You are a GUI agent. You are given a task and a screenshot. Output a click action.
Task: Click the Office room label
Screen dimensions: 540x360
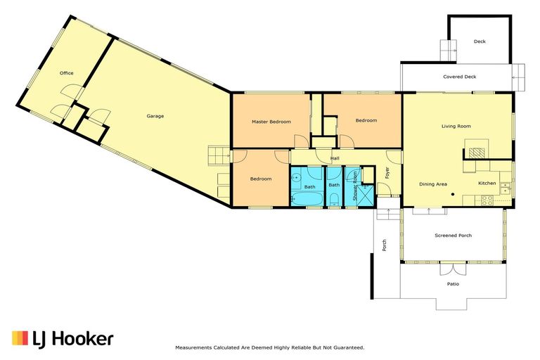(x=67, y=73)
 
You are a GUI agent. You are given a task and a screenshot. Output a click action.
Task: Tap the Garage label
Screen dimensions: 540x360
(x=155, y=116)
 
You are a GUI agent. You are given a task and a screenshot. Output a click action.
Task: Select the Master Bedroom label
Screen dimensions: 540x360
(x=271, y=122)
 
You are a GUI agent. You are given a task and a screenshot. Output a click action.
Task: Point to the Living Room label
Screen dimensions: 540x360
(x=456, y=126)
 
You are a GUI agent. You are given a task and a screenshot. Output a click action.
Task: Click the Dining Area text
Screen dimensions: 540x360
(x=433, y=184)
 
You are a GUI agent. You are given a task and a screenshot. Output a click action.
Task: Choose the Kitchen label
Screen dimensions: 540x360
(x=487, y=183)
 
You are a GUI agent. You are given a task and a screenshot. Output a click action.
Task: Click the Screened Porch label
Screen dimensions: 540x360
(x=454, y=236)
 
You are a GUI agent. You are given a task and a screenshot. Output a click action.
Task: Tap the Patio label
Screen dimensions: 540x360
(x=454, y=284)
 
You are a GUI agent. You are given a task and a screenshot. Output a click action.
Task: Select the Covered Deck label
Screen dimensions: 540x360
(x=460, y=77)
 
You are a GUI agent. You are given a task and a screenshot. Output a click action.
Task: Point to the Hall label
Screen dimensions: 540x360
(x=335, y=158)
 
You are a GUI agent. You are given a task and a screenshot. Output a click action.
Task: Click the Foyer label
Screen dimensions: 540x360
(x=387, y=172)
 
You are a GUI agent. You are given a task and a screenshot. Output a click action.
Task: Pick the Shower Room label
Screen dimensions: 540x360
(x=355, y=186)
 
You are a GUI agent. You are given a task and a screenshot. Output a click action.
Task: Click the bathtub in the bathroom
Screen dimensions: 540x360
(x=307, y=198)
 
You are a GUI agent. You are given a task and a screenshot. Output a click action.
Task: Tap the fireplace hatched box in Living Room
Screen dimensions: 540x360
(x=477, y=153)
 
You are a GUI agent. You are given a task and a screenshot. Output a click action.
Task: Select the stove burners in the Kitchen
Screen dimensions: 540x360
(x=487, y=200)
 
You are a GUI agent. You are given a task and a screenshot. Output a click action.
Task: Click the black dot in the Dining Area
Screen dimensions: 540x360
(x=453, y=194)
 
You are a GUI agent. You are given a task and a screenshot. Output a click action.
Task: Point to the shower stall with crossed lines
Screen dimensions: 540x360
(x=365, y=195)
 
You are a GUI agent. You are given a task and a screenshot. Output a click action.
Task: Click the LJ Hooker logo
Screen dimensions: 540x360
(x=63, y=339)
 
